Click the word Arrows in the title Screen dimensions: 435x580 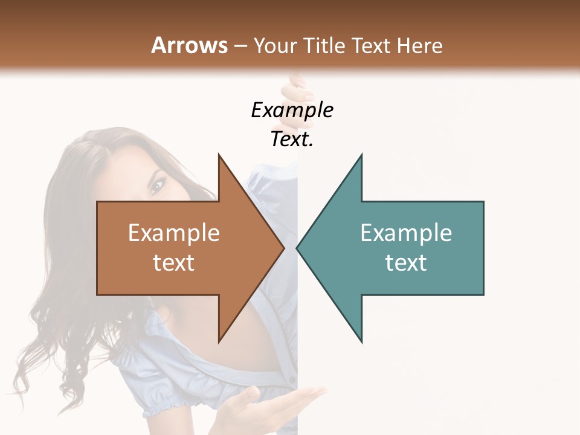[x=188, y=45]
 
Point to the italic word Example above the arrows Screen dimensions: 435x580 [x=292, y=110]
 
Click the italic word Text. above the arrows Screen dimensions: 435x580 [x=292, y=139]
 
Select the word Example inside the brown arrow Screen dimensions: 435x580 [x=174, y=233]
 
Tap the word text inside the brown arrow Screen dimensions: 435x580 [x=174, y=262]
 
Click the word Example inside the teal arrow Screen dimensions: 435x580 [x=406, y=233]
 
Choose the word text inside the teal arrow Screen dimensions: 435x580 [x=406, y=262]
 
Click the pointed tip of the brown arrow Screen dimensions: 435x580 [x=283, y=248]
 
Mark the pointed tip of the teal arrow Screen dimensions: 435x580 [x=297, y=248]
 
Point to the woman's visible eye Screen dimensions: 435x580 [x=157, y=185]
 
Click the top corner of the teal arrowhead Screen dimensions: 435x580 [x=361, y=155]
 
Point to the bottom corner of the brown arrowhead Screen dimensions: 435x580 [x=219, y=341]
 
